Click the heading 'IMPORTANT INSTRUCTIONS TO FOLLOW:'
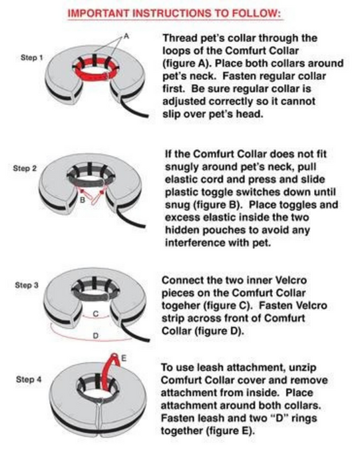pyautogui.click(x=179, y=12)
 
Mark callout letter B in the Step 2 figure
pyautogui.click(x=81, y=198)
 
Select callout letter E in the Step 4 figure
pyautogui.click(x=122, y=358)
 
